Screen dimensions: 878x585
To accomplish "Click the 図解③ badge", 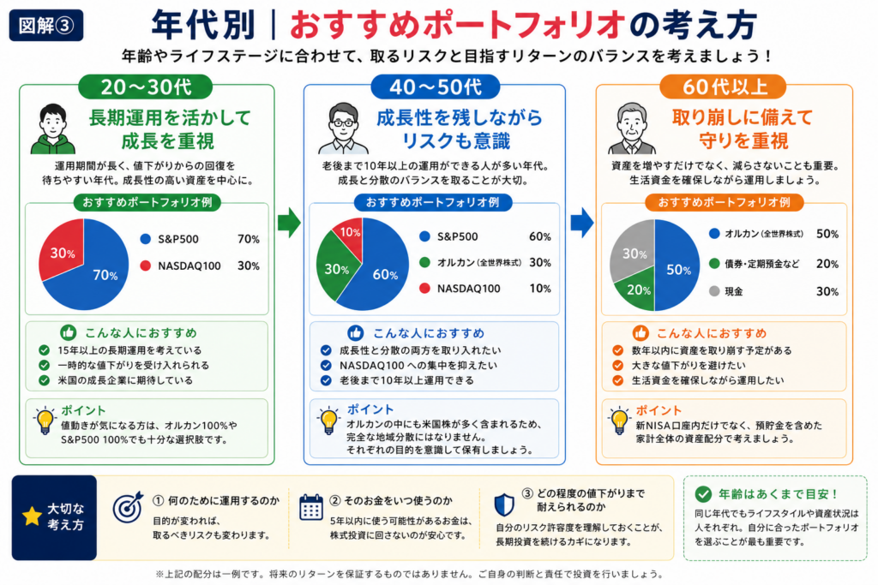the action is coord(46,26).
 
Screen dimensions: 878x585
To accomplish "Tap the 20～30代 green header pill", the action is coord(146,87).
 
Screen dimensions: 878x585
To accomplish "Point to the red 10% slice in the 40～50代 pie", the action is coord(350,233).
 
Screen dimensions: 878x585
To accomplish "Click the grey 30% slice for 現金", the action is coord(633,252).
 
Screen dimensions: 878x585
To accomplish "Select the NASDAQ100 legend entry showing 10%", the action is coord(485,289).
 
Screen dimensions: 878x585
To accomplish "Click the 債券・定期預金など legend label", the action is coord(761,264).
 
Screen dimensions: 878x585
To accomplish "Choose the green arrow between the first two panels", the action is coord(289,223).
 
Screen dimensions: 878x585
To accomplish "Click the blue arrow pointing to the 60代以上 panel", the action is coord(582,223).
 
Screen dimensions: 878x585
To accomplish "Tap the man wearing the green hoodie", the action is coord(52,128).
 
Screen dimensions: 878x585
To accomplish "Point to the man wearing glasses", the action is coord(343,128).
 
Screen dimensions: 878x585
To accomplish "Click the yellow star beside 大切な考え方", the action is coord(32,516).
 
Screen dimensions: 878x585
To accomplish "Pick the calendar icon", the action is coord(310,507).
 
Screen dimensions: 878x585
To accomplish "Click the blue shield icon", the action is coord(504,505).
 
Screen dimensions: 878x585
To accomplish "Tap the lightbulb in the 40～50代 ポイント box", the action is coord(328,421).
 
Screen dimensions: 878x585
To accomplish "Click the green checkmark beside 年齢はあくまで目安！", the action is coord(703,494).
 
